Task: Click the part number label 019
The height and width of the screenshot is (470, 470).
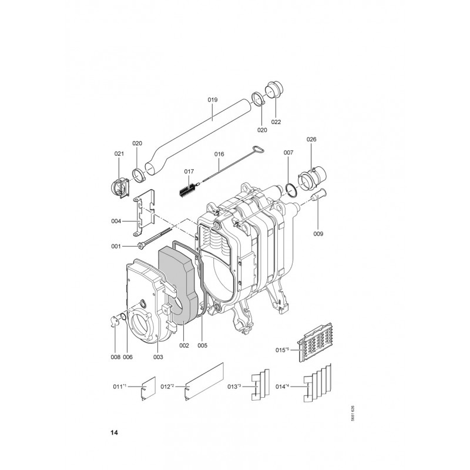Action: pyautogui.click(x=213, y=99)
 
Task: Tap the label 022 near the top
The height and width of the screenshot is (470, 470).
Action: pyautogui.click(x=276, y=122)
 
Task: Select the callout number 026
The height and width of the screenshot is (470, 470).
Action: pyautogui.click(x=311, y=139)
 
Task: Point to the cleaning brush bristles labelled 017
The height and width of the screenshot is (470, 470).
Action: pyautogui.click(x=187, y=190)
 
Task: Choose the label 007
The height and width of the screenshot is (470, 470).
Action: pyautogui.click(x=288, y=153)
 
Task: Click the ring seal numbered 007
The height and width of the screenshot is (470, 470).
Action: pyautogui.click(x=291, y=190)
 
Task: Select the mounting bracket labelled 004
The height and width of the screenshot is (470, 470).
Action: pyautogui.click(x=144, y=213)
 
